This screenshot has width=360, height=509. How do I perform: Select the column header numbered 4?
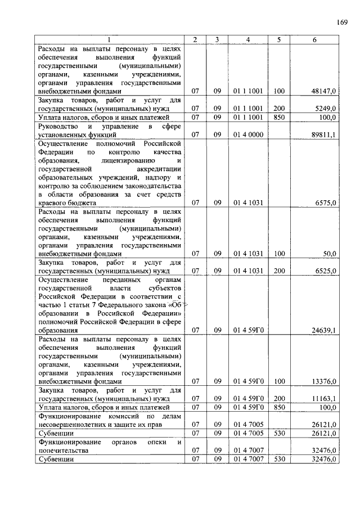tap(247, 39)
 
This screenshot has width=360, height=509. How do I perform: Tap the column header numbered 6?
tap(314, 39)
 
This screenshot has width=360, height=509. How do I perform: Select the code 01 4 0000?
tap(248, 135)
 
